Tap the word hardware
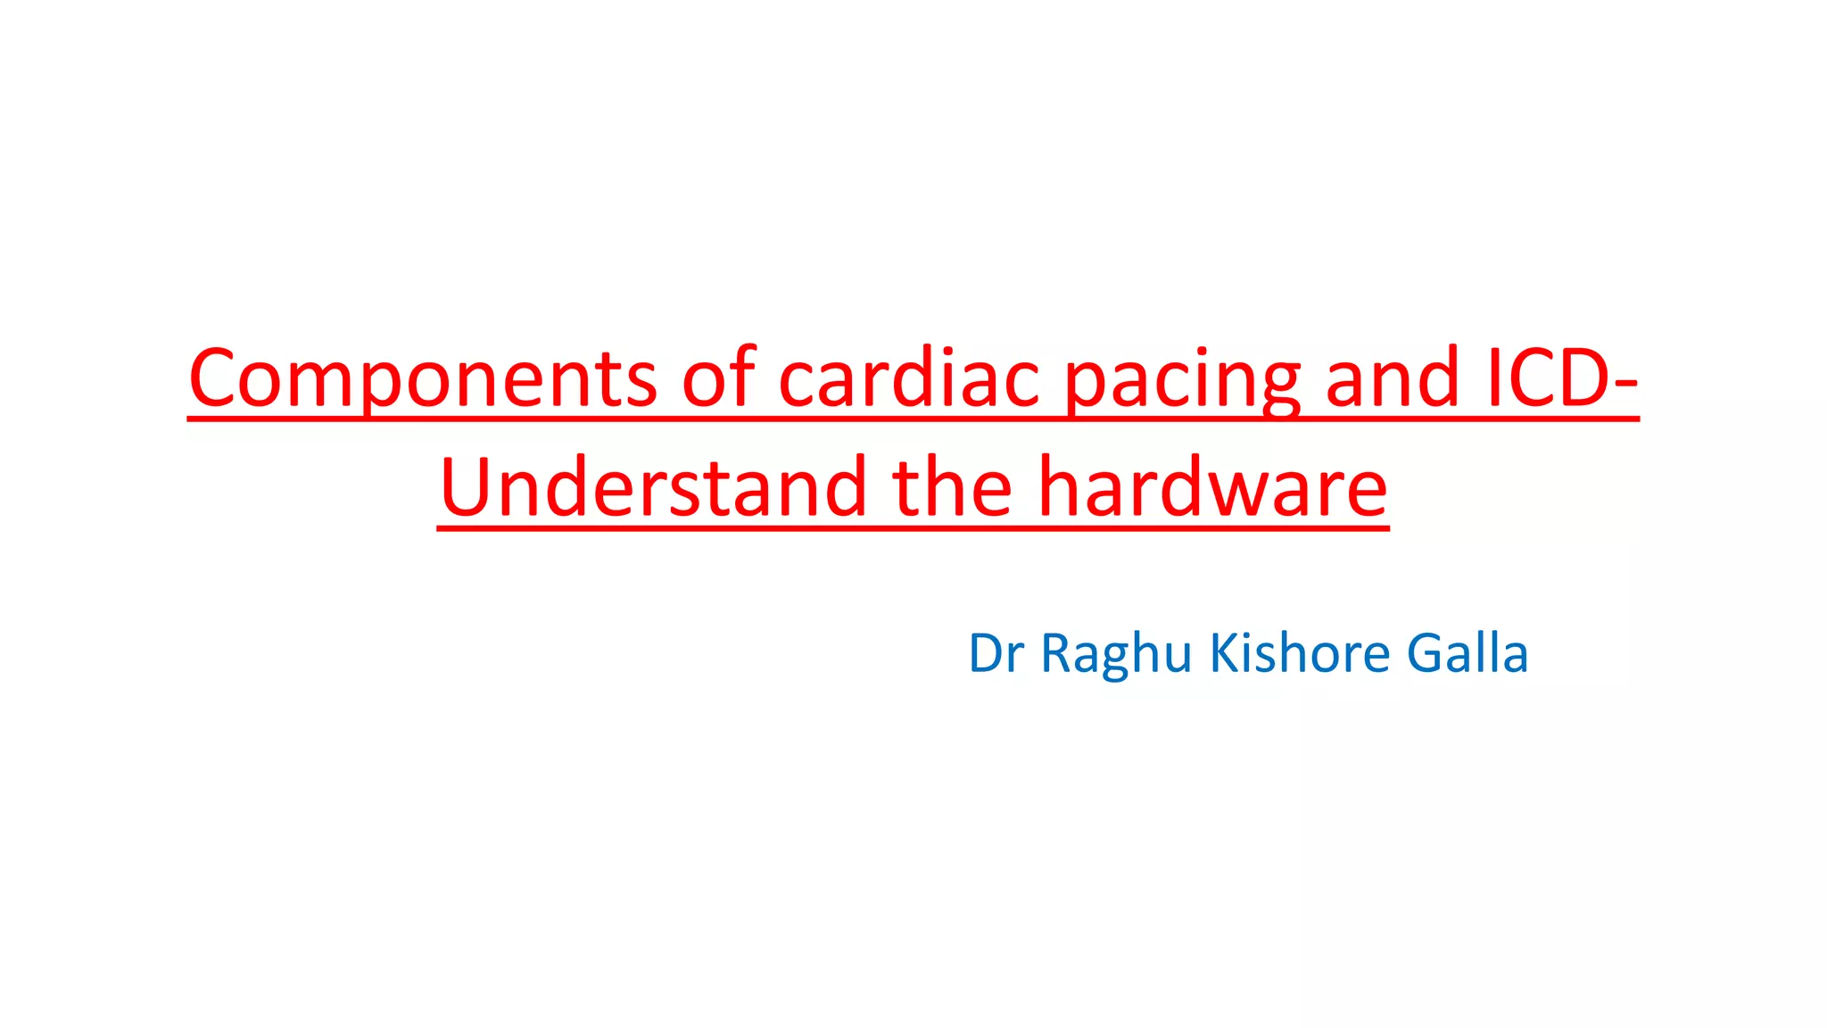1213,488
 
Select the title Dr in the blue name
996,653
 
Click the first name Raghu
1116,655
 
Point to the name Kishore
1299,653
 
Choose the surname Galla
1467,653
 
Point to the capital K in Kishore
1224,653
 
